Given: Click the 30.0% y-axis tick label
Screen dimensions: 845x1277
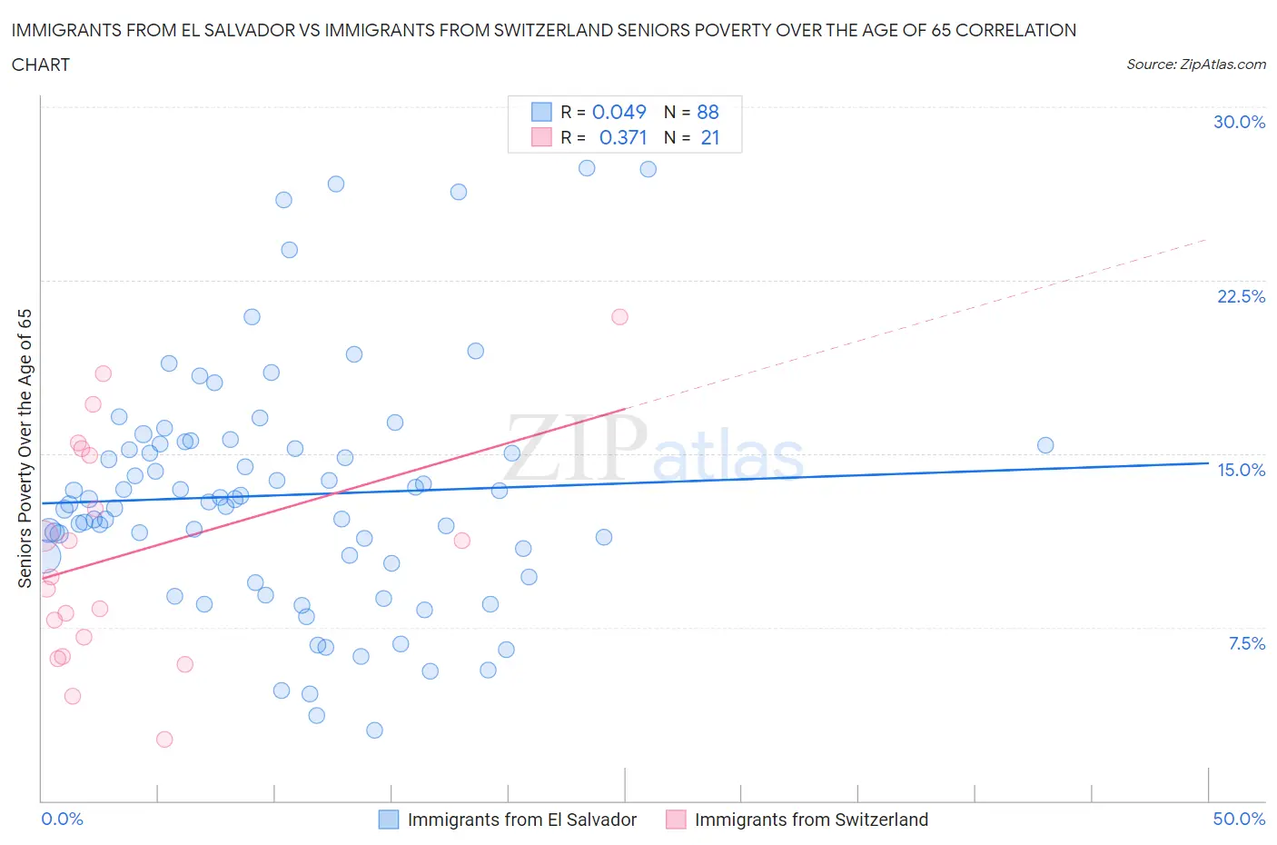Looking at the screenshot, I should coord(1239,122).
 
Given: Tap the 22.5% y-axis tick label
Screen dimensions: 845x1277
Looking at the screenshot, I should coord(1241,296).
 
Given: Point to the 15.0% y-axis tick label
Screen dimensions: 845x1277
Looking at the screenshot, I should coord(1241,470).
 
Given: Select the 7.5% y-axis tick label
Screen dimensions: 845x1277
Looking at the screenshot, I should coord(1246,643).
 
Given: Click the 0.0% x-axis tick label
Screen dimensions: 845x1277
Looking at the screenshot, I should coord(62,819).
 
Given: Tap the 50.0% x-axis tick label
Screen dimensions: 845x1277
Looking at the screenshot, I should coord(1239,819).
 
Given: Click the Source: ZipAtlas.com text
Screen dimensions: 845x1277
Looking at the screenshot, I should coord(1195,65).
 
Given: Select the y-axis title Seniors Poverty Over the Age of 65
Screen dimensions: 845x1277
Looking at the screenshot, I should coord(25,448).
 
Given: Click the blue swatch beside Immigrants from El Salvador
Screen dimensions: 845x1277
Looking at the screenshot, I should coord(389,820).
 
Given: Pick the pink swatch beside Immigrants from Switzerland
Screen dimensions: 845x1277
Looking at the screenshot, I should coord(676,820).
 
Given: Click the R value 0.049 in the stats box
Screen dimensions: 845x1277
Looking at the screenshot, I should coord(619,112).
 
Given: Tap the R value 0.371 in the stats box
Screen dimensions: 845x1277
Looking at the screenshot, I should coord(623,137).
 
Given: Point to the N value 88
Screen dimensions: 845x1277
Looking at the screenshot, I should coord(708,112).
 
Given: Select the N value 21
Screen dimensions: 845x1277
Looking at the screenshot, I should coord(710,137).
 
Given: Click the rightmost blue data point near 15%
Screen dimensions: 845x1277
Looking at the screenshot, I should coord(1045,445).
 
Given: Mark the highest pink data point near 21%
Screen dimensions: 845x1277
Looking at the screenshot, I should coord(619,317).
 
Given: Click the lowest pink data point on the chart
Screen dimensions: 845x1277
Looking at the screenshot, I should coord(164,740).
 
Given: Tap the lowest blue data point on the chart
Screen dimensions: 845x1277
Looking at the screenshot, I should coord(374,731).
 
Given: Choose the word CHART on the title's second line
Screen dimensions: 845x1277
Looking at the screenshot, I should coord(41,65).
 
